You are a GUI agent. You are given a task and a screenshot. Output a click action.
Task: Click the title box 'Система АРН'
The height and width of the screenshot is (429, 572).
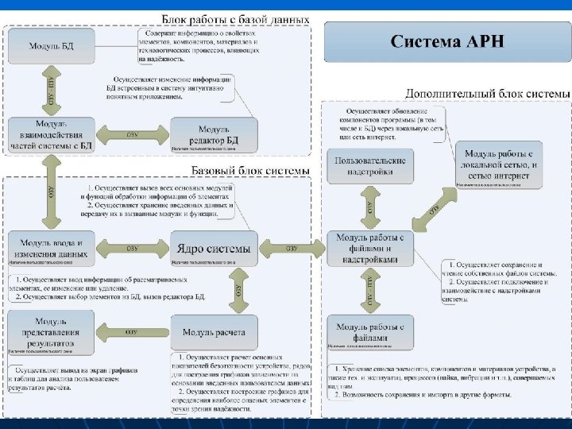(447, 42)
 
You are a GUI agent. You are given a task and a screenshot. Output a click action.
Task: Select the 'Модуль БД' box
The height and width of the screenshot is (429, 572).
(51, 46)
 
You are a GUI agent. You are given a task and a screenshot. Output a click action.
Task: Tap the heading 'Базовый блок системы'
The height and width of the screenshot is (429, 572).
(251, 171)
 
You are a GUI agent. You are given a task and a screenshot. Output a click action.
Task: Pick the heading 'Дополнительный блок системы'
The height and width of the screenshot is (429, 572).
(487, 93)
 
